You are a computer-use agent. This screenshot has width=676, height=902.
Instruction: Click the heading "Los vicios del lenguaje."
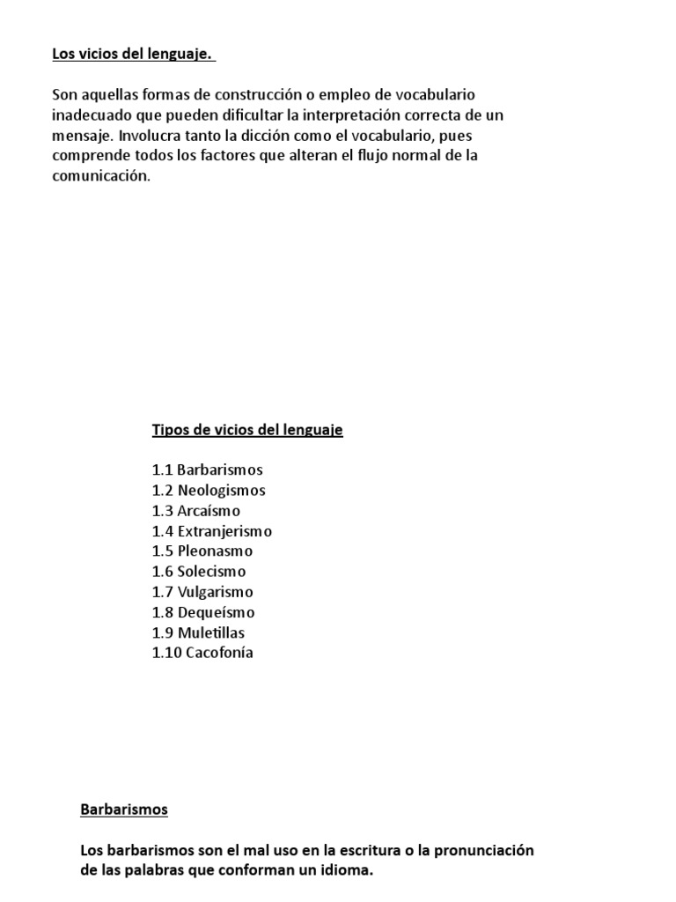tap(133, 55)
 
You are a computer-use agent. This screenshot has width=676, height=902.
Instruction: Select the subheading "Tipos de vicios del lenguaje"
tap(247, 430)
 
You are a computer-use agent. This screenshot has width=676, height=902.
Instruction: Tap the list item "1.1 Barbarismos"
tap(207, 470)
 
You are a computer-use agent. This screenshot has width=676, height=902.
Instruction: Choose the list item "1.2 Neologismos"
tap(209, 491)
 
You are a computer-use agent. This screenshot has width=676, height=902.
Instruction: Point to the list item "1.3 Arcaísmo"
tap(196, 511)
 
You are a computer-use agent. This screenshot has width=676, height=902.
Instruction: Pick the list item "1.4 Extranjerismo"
tap(212, 531)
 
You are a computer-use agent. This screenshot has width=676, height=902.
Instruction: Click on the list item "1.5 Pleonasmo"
tap(202, 551)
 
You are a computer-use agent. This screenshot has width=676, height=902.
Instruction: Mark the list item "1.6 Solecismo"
tap(199, 572)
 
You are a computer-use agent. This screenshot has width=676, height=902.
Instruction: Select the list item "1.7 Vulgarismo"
tap(202, 592)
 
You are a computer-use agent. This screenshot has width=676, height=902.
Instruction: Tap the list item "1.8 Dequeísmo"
tap(203, 612)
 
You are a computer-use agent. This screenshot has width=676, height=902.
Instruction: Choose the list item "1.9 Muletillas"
tap(198, 632)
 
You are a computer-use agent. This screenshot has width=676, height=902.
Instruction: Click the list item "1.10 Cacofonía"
tap(202, 653)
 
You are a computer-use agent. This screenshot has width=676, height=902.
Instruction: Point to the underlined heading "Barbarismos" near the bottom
tap(124, 809)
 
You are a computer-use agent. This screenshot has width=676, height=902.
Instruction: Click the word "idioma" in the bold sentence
tap(348, 871)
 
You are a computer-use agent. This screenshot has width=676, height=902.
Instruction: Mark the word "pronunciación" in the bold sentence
tap(483, 851)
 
